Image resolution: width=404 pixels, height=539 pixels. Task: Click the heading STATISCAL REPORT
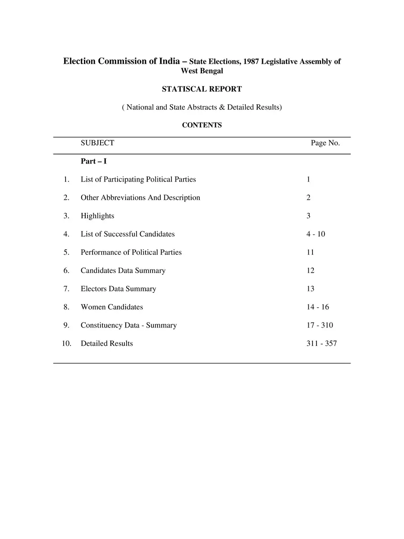pyautogui.click(x=202, y=89)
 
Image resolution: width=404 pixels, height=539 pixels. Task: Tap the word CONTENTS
pyautogui.click(x=202, y=125)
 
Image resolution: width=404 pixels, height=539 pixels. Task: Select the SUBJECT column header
pyautogui.click(x=97, y=143)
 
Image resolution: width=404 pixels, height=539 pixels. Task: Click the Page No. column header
pyautogui.click(x=325, y=143)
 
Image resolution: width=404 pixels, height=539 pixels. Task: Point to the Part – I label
pyautogui.click(x=93, y=161)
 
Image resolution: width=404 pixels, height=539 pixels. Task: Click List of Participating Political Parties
pyautogui.click(x=138, y=179)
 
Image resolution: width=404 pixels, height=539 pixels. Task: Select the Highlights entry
pyautogui.click(x=97, y=216)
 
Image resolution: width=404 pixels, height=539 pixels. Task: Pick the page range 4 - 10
pyautogui.click(x=316, y=234)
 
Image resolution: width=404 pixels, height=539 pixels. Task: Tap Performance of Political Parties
pyautogui.click(x=131, y=252)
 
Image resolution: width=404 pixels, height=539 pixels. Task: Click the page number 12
pyautogui.click(x=311, y=270)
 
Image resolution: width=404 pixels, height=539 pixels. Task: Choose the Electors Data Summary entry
pyautogui.click(x=119, y=289)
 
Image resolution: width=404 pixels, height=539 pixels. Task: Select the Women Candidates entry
pyautogui.click(x=112, y=307)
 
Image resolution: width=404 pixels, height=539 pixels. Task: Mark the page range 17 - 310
pyautogui.click(x=320, y=325)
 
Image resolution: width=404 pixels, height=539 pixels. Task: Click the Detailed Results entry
pyautogui.click(x=107, y=343)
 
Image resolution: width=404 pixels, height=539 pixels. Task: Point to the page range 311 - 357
pyautogui.click(x=321, y=343)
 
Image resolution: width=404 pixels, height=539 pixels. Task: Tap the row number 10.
pyautogui.click(x=66, y=343)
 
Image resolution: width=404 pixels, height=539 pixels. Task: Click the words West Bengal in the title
pyautogui.click(x=202, y=71)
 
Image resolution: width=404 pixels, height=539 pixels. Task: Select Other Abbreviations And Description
pyautogui.click(x=141, y=198)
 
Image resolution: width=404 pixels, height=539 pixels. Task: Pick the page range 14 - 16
pyautogui.click(x=317, y=307)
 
